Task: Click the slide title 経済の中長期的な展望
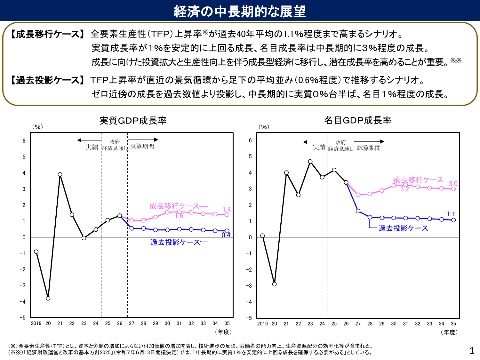pyautogui.click(x=240, y=11)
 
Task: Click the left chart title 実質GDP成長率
pyautogui.click(x=133, y=121)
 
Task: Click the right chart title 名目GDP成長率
pyautogui.click(x=357, y=120)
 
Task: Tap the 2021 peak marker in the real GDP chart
pyautogui.click(x=60, y=174)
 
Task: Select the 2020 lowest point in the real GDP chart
pyautogui.click(x=48, y=298)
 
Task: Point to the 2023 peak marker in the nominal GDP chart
pyautogui.click(x=310, y=162)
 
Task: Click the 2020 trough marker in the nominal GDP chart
pyautogui.click(x=274, y=284)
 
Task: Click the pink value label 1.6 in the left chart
pyautogui.click(x=179, y=216)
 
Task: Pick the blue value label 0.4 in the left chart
pyautogui.click(x=226, y=235)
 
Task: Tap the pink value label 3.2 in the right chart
pyautogui.click(x=404, y=189)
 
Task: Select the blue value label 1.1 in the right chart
pyautogui.click(x=451, y=214)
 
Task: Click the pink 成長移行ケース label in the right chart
pyautogui.click(x=418, y=180)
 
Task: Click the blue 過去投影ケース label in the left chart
pyautogui.click(x=175, y=242)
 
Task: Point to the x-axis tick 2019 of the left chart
pyautogui.click(x=36, y=324)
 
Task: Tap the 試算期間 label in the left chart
pyautogui.click(x=142, y=146)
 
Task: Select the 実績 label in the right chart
pyautogui.click(x=319, y=147)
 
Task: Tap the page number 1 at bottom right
pyautogui.click(x=472, y=351)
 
